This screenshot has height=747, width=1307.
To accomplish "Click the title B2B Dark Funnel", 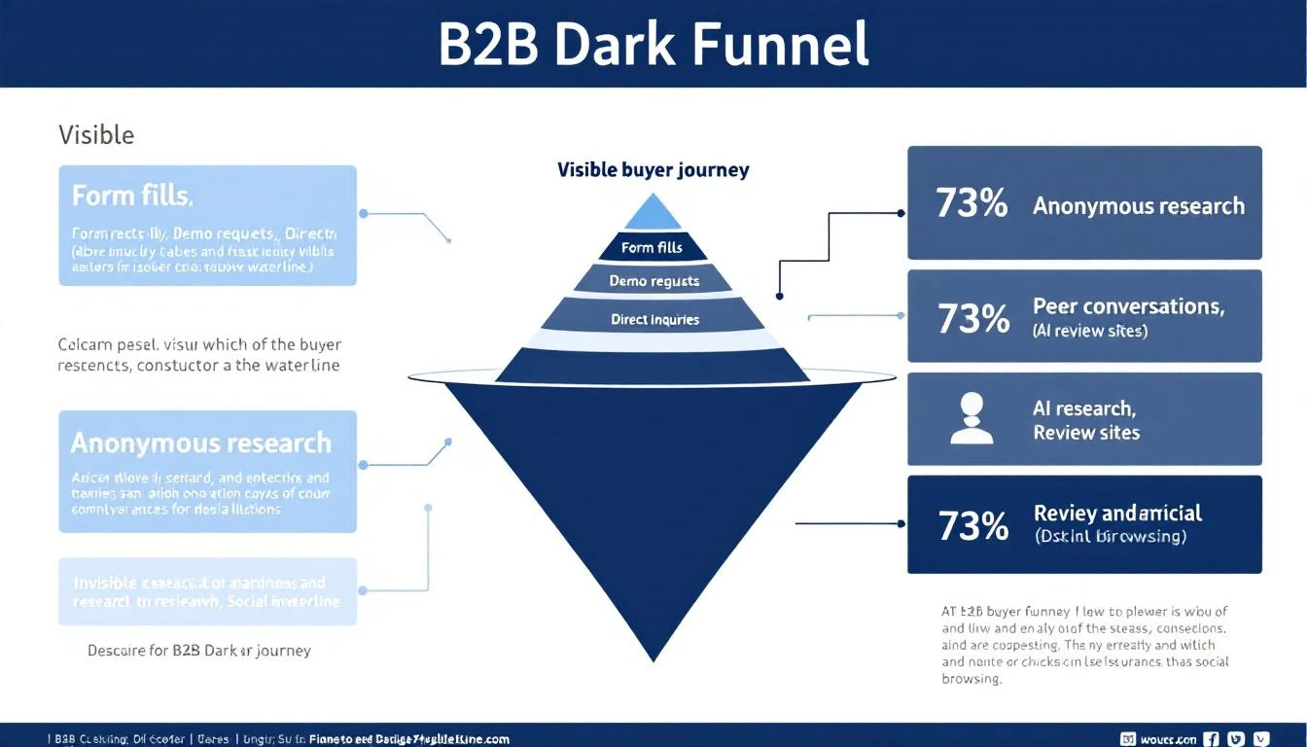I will pos(653,44).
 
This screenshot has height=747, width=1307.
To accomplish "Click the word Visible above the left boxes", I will pos(96,134).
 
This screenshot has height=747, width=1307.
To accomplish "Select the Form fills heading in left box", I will pos(132,196).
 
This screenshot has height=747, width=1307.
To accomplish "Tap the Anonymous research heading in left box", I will pos(201,444).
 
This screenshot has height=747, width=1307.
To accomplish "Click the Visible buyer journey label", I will pos(653,170).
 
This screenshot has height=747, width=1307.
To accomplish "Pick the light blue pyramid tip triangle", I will pos(653,214).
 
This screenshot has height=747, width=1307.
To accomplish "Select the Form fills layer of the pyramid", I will pos(653,248).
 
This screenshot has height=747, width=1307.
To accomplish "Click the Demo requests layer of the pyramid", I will pos(653,281).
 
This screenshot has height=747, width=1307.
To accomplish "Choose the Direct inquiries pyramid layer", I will pos(654,319).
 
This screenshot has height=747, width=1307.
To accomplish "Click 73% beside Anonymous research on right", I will pos(971,204).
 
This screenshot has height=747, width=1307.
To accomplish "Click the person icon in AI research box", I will pos(971,418).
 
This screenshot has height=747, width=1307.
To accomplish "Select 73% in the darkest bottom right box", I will pos(972,525).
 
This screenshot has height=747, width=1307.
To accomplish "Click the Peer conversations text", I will pos(1128,306).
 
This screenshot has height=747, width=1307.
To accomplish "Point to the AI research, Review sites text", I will pos(1085,420).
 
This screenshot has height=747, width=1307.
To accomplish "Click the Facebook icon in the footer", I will pos(1212,738).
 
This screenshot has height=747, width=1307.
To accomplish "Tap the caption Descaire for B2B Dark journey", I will pos(199,650).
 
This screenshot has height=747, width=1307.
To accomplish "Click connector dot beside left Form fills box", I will pos(363,212).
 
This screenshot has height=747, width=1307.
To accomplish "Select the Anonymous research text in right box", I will pos(1139,206).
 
